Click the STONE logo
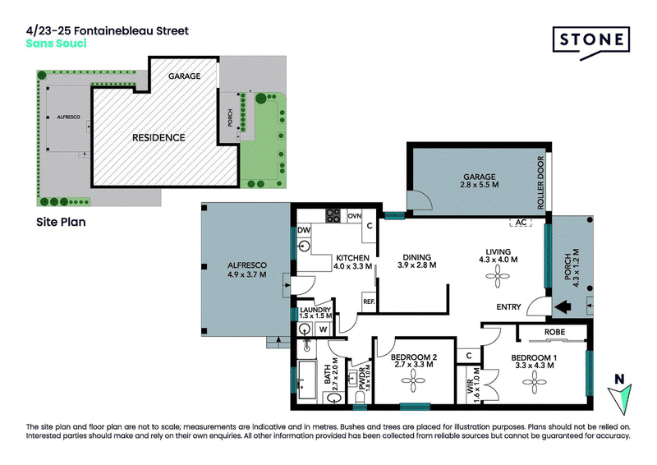(x=591, y=41)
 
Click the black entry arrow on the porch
(x=563, y=306)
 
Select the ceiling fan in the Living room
(x=498, y=276)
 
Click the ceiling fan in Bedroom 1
(x=535, y=382)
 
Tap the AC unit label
(x=521, y=222)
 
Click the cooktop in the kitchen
(x=333, y=215)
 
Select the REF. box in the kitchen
(x=369, y=302)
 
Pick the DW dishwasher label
(x=304, y=230)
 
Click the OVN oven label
(x=355, y=216)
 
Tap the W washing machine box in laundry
(x=323, y=329)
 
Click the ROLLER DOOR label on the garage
(x=540, y=183)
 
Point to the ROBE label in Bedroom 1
(x=555, y=332)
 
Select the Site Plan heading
(x=61, y=222)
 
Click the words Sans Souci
(x=56, y=44)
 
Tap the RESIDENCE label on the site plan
(x=159, y=137)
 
